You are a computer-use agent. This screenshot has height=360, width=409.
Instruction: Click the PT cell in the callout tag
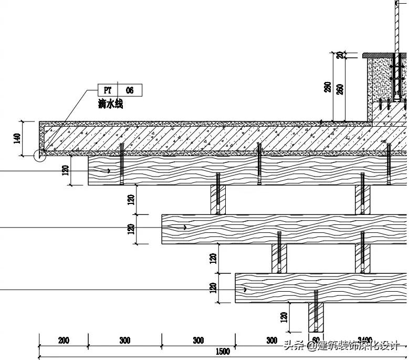click(x=108, y=90)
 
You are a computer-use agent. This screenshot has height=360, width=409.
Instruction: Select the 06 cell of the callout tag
click(x=130, y=90)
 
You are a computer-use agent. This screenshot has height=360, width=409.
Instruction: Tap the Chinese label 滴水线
click(x=110, y=104)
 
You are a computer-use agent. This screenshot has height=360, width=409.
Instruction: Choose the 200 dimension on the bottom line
click(x=64, y=341)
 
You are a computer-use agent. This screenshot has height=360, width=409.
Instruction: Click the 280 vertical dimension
click(x=327, y=87)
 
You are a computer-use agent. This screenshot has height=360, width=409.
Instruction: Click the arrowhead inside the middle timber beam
click(x=184, y=228)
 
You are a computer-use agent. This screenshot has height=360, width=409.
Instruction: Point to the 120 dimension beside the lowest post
click(x=284, y=317)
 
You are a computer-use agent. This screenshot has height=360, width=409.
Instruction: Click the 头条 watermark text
click(x=294, y=345)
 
